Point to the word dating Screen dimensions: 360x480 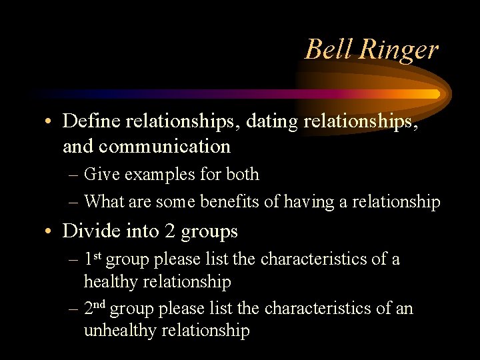click(275, 123)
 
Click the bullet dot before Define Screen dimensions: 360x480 click(49, 123)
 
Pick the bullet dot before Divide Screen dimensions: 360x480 click(49, 231)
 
